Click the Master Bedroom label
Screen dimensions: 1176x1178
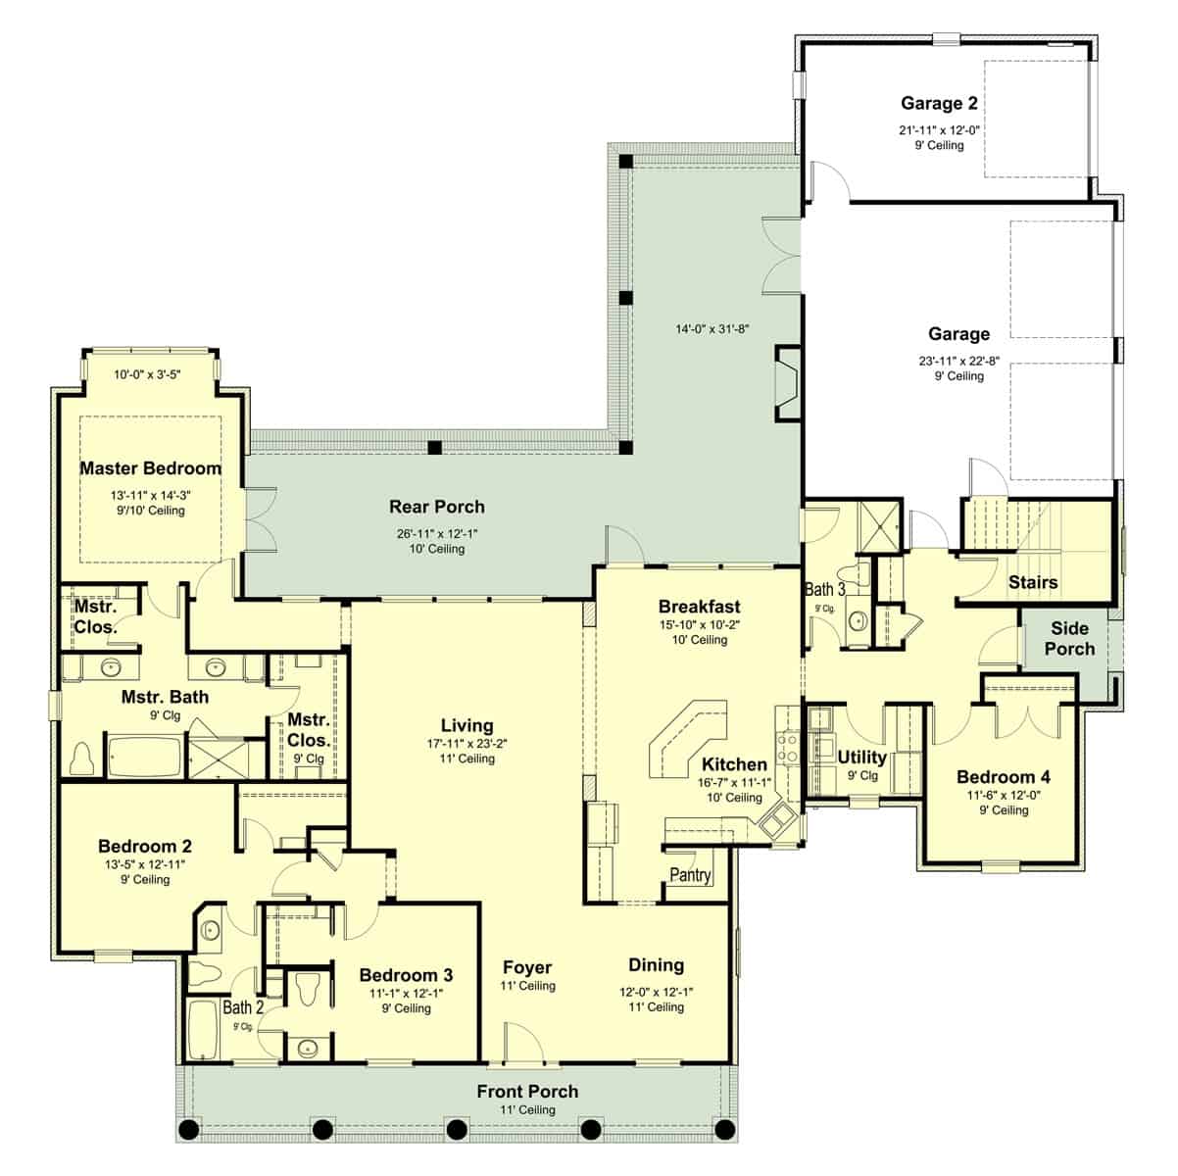coord(150,468)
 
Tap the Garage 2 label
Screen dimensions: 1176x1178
coord(939,104)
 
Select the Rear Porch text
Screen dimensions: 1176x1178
coord(437,507)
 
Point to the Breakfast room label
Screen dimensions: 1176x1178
coord(699,607)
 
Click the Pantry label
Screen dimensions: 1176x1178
coord(690,875)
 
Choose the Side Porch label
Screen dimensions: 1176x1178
coord(1069,639)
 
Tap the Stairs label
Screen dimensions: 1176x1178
coord(1033,582)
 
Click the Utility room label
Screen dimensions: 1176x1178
coord(861,757)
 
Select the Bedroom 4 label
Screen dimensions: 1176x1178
coord(1004,777)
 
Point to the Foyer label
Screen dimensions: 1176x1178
coord(527,967)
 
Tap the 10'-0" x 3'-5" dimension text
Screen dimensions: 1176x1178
coord(147,374)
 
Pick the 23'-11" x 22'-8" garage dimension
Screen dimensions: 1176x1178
coord(958,360)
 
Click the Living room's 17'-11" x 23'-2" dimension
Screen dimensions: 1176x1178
coord(466,743)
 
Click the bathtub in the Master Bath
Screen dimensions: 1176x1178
coord(144,758)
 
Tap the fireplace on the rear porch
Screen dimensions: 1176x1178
coord(787,382)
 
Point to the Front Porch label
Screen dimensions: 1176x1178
coord(527,1092)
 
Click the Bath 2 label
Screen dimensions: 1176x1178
coord(243,1007)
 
